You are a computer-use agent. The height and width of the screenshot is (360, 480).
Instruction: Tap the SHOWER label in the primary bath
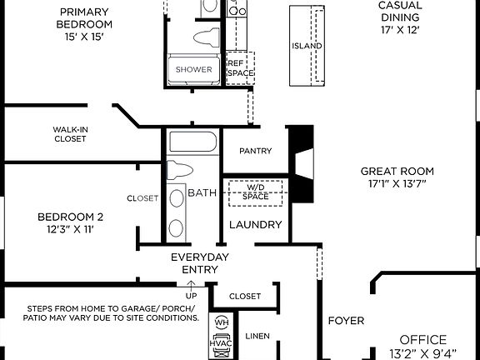click(x=193, y=70)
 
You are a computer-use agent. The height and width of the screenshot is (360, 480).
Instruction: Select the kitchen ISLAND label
click(x=307, y=46)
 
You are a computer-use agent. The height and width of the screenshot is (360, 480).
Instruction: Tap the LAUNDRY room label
click(x=255, y=225)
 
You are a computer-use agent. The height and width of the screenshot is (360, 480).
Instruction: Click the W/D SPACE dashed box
click(x=256, y=192)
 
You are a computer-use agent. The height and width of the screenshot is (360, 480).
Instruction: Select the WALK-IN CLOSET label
click(x=70, y=134)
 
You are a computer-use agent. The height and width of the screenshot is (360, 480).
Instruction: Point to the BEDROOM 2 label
click(x=70, y=217)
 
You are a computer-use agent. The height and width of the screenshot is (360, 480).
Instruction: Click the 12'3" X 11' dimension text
click(x=70, y=229)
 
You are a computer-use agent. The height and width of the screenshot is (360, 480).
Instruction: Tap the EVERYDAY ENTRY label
click(x=199, y=263)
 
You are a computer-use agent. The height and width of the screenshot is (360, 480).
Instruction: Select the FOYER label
click(x=346, y=320)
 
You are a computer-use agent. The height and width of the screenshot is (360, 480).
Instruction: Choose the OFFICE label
click(x=422, y=340)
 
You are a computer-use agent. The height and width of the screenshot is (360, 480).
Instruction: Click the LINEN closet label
click(x=258, y=337)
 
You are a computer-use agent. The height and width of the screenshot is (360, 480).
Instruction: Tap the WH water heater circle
click(x=221, y=322)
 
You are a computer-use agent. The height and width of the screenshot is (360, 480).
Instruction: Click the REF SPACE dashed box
click(x=240, y=68)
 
